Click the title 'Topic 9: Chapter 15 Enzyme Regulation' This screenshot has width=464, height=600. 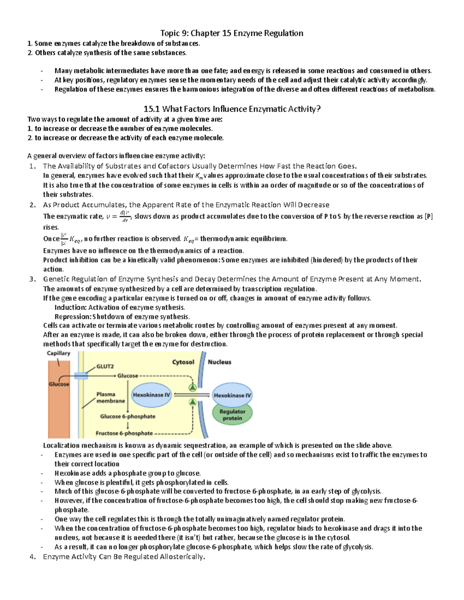[x=232, y=33]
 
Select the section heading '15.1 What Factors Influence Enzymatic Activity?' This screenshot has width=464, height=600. [x=232, y=109]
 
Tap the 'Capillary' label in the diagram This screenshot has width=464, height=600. [x=58, y=353]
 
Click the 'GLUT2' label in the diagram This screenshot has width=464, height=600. [x=105, y=366]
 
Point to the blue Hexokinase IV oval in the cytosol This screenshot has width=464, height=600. [x=151, y=395]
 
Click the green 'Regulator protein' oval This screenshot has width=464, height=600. [x=232, y=415]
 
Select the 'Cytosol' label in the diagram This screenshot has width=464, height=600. [x=183, y=362]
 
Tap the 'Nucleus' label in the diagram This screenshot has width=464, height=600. [x=219, y=362]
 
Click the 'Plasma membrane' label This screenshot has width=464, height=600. [x=111, y=398]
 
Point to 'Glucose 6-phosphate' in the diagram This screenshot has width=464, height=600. [x=128, y=416]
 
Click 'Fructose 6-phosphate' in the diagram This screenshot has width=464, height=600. [x=124, y=433]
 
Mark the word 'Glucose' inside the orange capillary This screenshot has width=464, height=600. [x=59, y=384]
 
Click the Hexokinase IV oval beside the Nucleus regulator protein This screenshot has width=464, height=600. [x=232, y=395]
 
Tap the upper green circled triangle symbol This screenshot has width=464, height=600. [x=192, y=388]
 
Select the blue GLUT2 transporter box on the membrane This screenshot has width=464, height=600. [x=81, y=376]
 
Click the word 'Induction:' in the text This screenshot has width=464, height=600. [x=70, y=308]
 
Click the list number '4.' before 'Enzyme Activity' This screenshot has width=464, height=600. [x=32, y=557]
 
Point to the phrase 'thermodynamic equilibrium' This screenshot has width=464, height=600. [x=243, y=239]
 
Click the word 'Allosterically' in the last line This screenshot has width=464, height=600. [x=181, y=557]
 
